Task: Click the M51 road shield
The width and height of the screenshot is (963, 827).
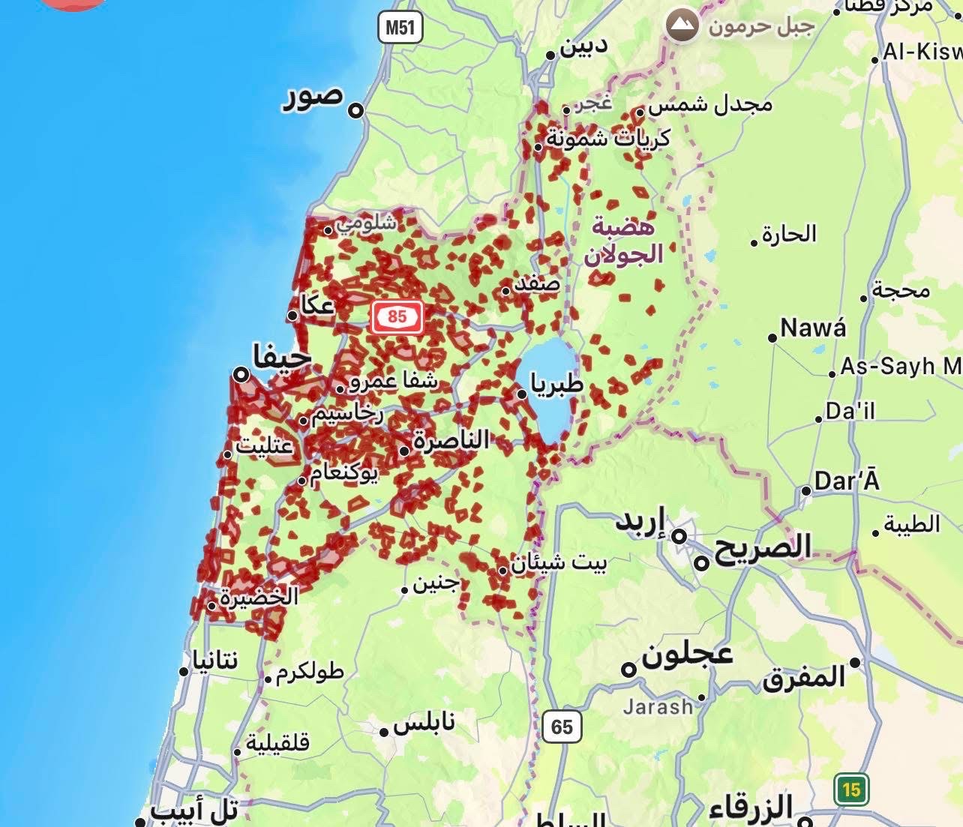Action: point(400,28)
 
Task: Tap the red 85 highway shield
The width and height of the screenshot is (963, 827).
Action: point(397,317)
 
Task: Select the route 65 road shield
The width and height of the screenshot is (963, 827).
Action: point(561,727)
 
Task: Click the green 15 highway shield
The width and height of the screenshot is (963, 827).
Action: point(850,790)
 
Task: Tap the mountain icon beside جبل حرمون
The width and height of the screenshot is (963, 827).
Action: point(682,25)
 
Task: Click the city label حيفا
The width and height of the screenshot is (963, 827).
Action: point(282,357)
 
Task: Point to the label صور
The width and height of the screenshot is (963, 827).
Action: point(313,97)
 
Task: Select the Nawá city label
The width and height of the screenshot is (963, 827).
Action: point(813,328)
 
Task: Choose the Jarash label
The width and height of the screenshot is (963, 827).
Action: point(658,706)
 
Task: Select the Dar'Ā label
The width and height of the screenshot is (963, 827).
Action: point(846,481)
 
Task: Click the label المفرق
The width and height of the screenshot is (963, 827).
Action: point(804,677)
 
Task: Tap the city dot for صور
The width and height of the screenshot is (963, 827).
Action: point(356,111)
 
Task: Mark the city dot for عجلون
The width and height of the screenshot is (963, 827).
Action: point(629,670)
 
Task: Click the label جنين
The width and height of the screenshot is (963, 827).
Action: point(436,583)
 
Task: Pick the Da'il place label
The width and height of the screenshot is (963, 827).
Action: point(850,411)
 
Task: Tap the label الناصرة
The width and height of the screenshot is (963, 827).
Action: point(451,439)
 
